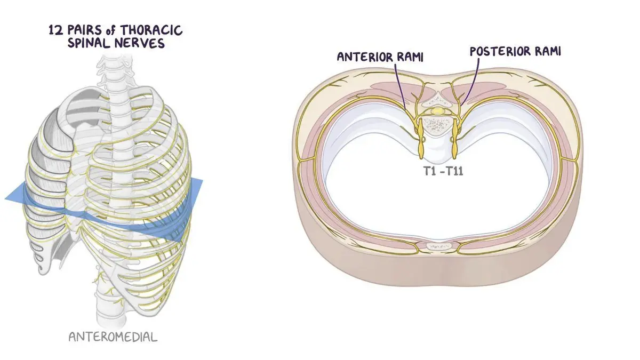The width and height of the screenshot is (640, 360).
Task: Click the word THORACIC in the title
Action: click(x=151, y=30)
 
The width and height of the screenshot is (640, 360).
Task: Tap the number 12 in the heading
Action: click(x=55, y=30)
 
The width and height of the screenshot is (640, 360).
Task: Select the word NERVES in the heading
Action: click(x=140, y=43)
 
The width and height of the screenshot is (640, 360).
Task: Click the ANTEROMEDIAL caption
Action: click(x=113, y=337)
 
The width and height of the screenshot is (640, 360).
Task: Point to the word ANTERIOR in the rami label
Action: click(x=365, y=57)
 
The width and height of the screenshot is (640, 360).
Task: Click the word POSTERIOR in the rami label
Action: click(x=500, y=51)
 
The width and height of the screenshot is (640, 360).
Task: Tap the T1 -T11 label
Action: click(x=443, y=171)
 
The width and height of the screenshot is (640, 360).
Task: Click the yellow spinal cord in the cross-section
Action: click(x=437, y=110)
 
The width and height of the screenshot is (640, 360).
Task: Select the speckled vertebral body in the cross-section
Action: click(x=437, y=125)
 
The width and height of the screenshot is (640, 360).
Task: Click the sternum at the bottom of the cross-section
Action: click(x=438, y=247)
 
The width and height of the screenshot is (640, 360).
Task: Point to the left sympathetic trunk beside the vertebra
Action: click(x=421, y=139)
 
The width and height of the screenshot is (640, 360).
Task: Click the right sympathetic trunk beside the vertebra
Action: click(x=454, y=139)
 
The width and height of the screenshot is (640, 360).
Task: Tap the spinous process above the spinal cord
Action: click(x=436, y=100)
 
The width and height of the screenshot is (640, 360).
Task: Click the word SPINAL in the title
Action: click(x=89, y=43)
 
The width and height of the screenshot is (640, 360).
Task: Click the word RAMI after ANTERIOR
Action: click(x=410, y=57)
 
